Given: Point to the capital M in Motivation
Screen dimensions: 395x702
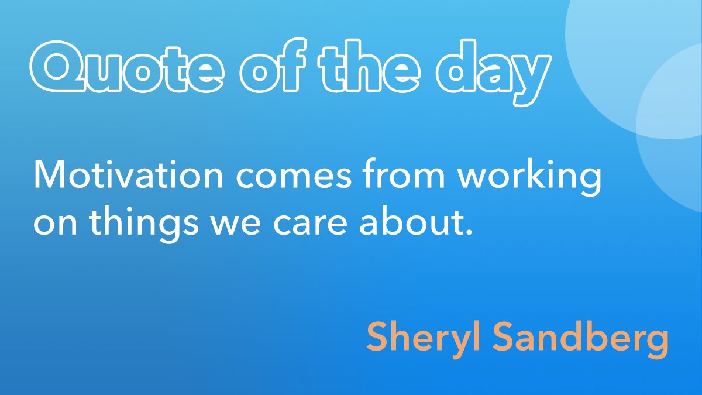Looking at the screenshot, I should pyautogui.click(x=49, y=175).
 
